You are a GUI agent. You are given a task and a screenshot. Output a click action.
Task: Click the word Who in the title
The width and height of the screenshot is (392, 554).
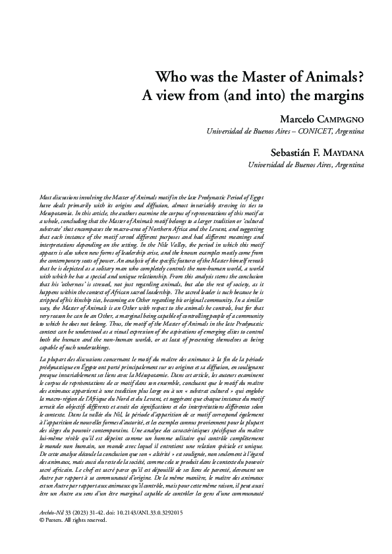coord(168,77)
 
